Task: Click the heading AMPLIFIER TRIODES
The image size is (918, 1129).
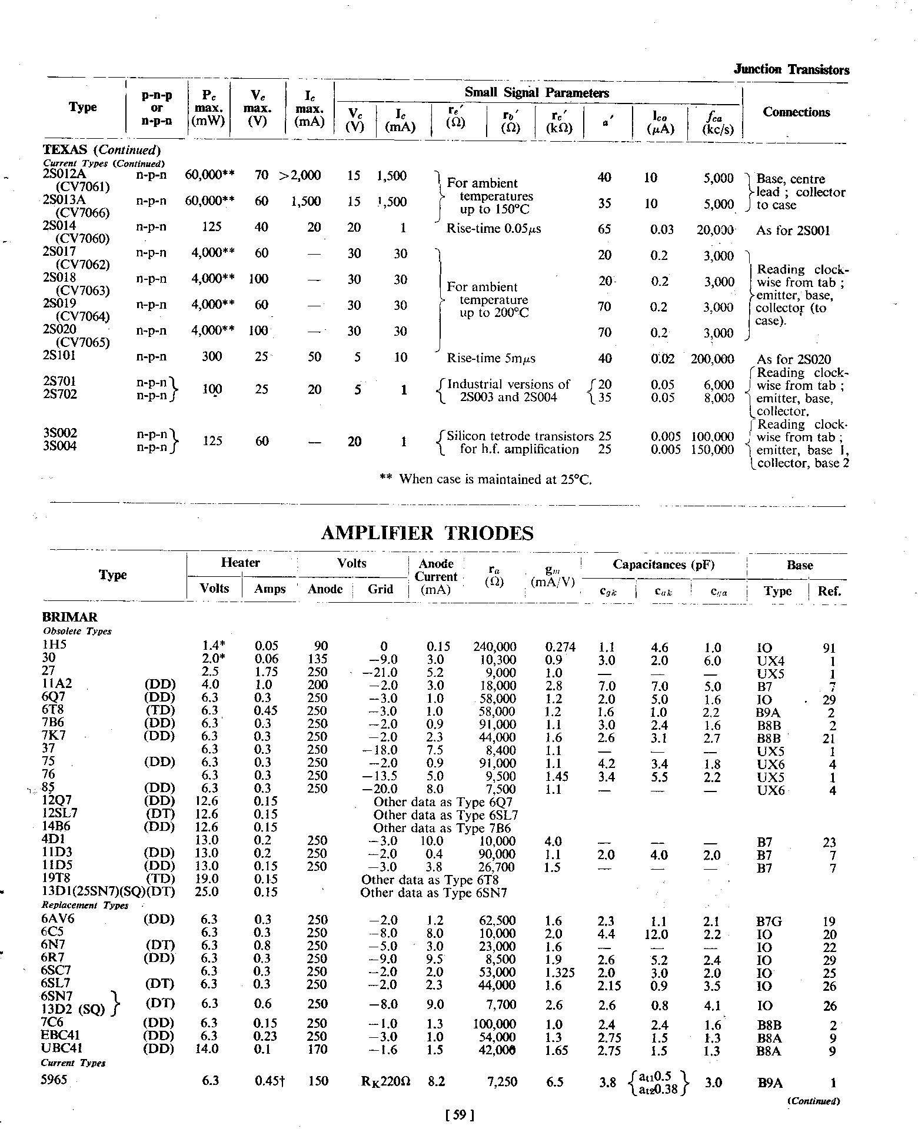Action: click(427, 533)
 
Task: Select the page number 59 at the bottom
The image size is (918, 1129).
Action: click(460, 1114)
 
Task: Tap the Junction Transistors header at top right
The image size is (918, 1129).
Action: click(791, 70)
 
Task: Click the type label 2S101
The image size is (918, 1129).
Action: click(59, 356)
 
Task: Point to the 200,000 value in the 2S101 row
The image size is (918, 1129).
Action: click(712, 359)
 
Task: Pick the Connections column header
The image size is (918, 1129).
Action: click(796, 112)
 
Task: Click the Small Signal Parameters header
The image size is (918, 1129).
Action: click(537, 93)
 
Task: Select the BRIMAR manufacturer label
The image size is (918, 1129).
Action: click(69, 617)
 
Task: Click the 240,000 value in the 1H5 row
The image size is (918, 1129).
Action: click(494, 647)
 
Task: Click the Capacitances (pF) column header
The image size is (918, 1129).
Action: click(663, 564)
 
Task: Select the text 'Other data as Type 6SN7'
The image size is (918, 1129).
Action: click(434, 893)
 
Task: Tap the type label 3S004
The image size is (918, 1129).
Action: click(60, 446)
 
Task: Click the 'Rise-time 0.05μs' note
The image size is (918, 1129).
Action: click(494, 229)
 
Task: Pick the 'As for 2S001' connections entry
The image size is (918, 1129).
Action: click(793, 231)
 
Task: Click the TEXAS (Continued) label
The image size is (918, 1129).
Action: click(102, 150)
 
